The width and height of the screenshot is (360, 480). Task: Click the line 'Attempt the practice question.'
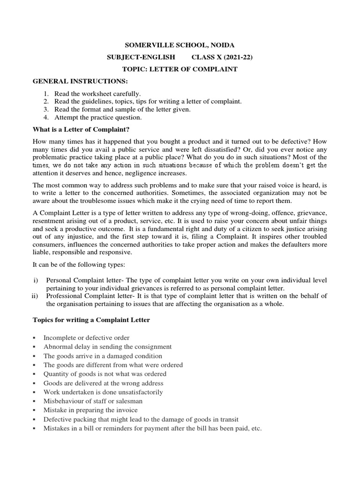pyautogui.click(x=98, y=118)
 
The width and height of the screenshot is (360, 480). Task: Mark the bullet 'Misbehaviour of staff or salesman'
pyautogui.click(x=93, y=401)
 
